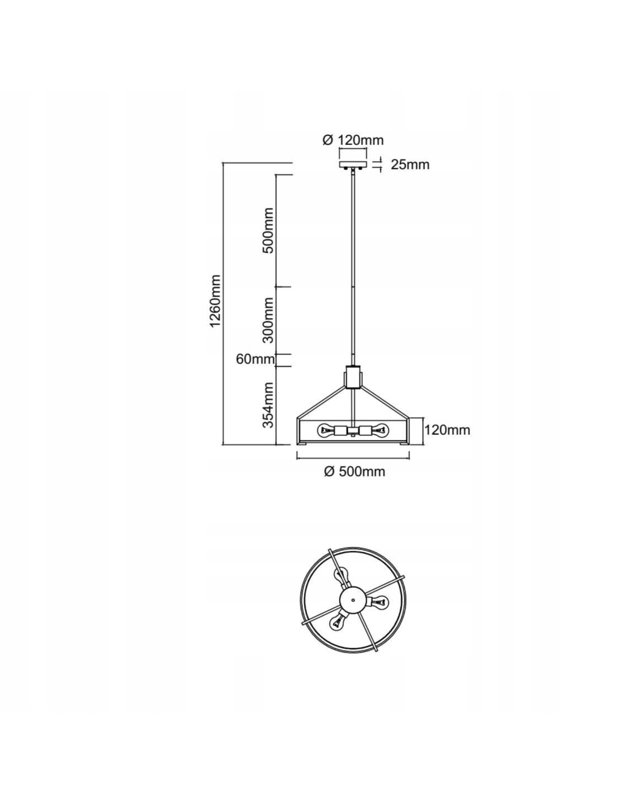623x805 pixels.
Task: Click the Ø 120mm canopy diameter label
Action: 353,140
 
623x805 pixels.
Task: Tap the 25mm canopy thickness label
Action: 410,165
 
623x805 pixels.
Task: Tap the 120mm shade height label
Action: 447,430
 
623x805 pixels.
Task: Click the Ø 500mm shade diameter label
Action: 355,472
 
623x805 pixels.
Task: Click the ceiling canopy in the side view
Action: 353,165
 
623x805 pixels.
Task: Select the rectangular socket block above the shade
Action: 353,377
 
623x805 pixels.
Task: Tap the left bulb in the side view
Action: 327,430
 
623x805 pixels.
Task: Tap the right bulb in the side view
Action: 380,430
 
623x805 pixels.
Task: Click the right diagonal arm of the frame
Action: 386,402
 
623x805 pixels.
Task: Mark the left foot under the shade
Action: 302,443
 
